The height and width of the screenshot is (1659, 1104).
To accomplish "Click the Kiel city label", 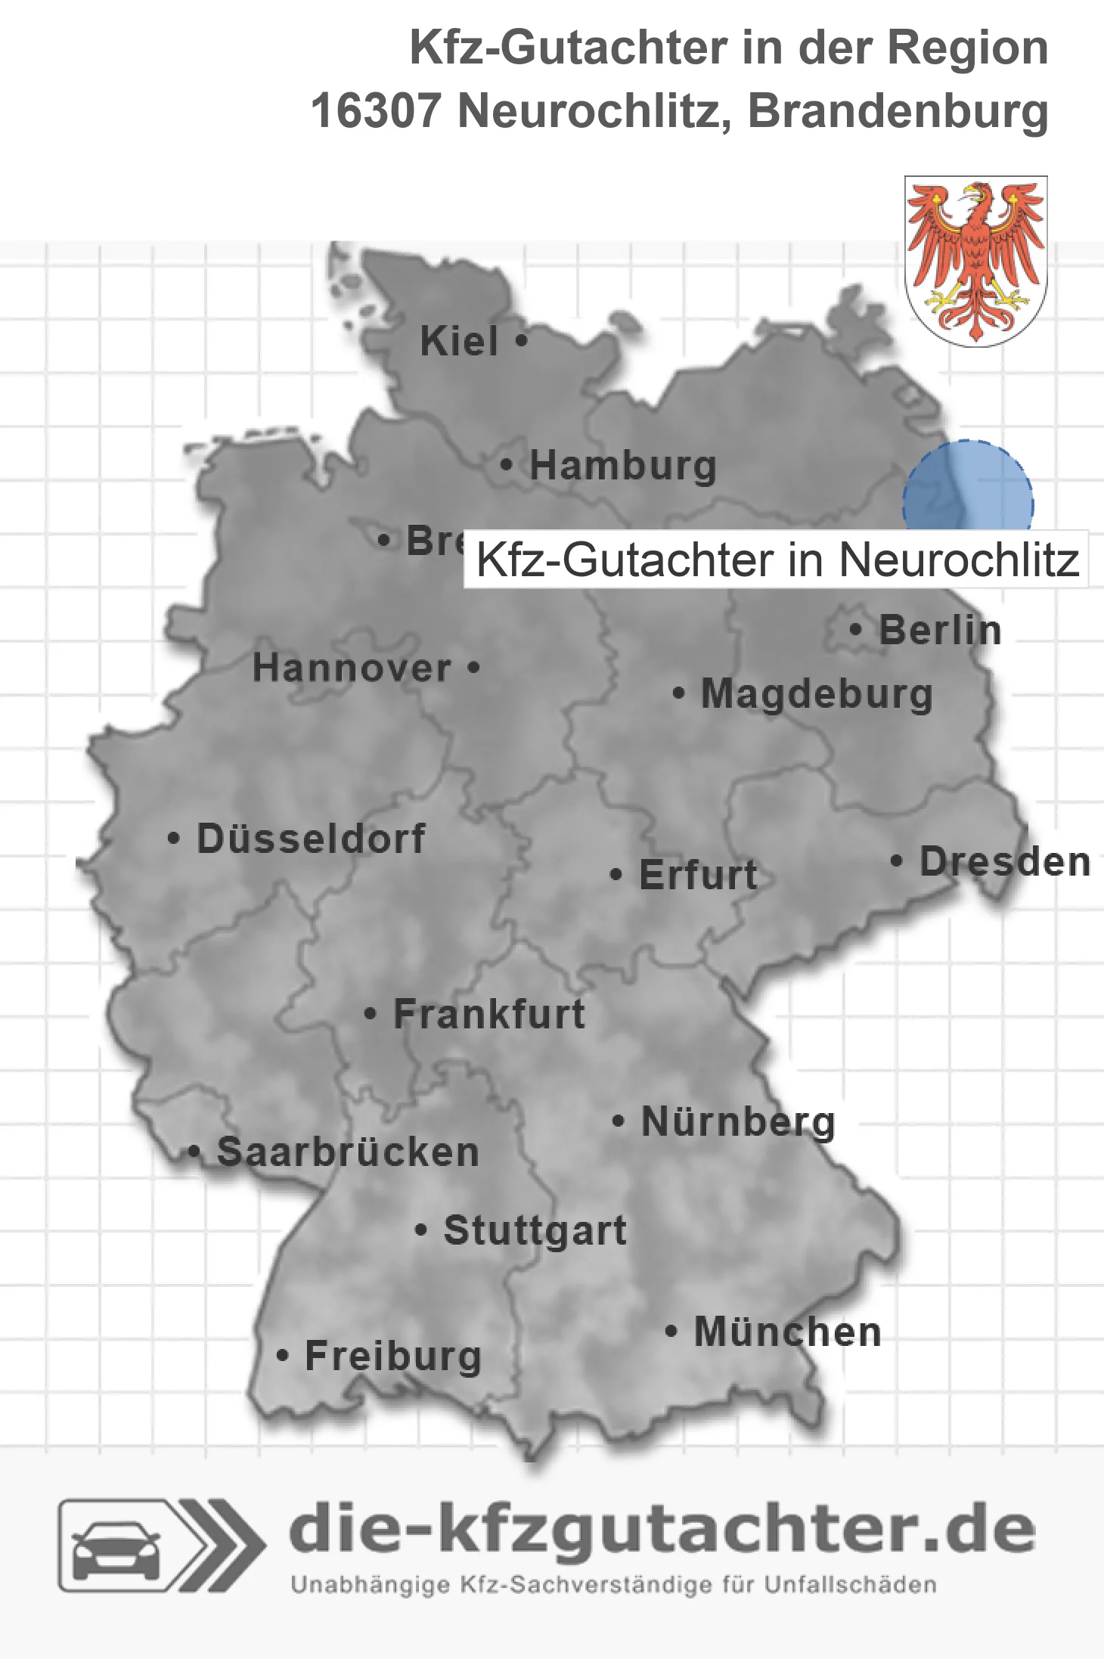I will tap(459, 341).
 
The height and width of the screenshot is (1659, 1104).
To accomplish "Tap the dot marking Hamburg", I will tap(507, 464).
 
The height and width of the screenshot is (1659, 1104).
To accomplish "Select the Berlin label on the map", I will tap(940, 630).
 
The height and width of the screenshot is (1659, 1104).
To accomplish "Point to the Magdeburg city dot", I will tap(678, 693).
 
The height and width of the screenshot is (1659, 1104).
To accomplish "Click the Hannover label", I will tap(352, 668).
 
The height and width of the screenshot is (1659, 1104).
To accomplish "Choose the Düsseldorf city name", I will tap(311, 839).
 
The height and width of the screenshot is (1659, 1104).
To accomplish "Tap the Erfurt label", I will tap(698, 875).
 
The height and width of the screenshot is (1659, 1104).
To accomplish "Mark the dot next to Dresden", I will tap(896, 861).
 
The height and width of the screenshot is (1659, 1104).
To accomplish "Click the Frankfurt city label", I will tap(489, 1014).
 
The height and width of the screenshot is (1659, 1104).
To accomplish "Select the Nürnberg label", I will tap(738, 1121).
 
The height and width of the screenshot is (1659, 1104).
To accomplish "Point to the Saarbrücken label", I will tap(348, 1152).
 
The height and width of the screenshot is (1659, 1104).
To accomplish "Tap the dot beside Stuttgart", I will tap(421, 1230).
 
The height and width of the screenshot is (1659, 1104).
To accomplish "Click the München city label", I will tap(787, 1332).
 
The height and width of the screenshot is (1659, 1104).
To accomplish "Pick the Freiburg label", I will tap(393, 1356).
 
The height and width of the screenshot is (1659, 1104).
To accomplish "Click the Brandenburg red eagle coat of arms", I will tap(975, 261).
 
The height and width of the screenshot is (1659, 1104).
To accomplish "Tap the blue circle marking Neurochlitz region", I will tap(968, 488).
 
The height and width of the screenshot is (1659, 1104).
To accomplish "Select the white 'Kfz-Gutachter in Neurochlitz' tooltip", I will tap(776, 560).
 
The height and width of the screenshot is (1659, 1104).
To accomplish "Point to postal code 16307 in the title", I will tap(375, 111).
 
